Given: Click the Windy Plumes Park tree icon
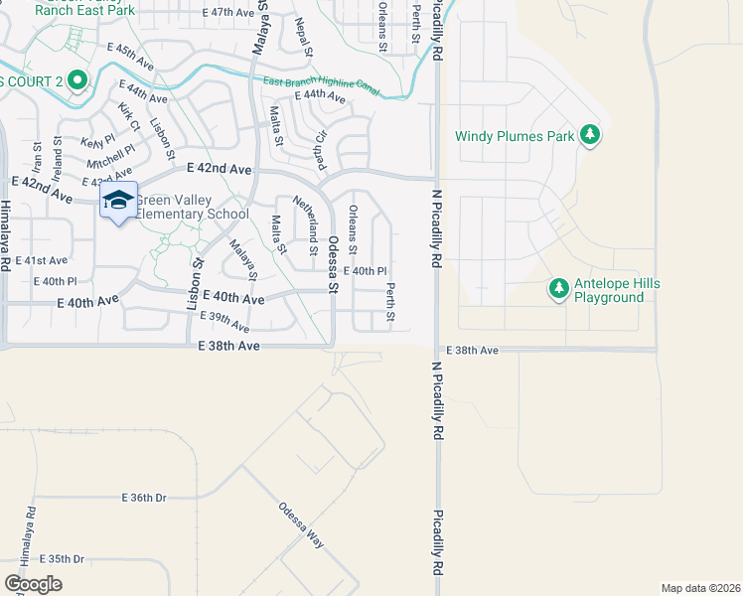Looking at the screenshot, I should pos(590,135).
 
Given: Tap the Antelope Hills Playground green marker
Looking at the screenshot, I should pos(559,289).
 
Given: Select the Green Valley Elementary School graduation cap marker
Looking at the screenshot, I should pos(118,201).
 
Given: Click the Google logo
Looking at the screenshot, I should pos(33,583).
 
